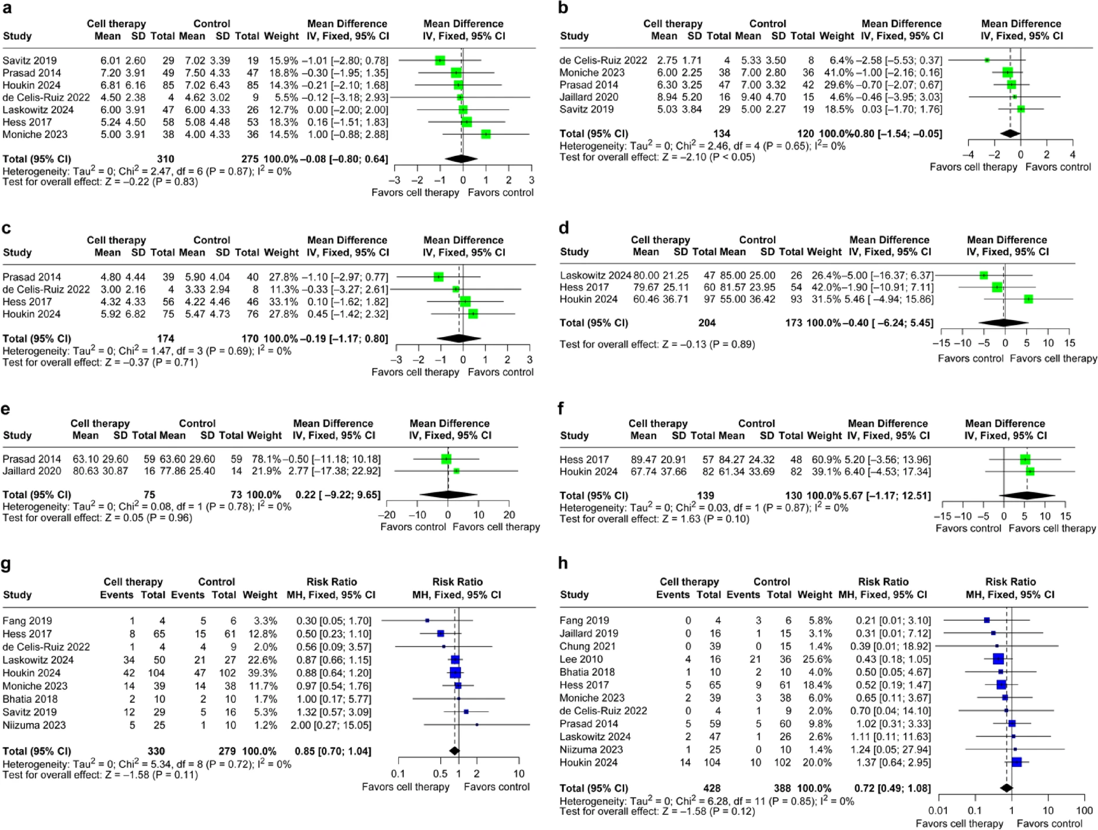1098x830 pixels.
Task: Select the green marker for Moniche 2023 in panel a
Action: (x=486, y=134)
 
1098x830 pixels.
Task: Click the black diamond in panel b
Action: (x=1010, y=134)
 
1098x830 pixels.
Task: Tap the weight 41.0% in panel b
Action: (x=836, y=72)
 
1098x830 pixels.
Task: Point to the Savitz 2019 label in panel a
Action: (x=30, y=60)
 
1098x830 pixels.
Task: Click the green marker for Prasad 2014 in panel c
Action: (x=438, y=277)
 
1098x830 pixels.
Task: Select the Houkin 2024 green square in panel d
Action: (x=1029, y=299)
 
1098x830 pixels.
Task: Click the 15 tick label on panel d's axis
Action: (x=1069, y=343)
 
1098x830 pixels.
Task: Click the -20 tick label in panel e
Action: (x=386, y=515)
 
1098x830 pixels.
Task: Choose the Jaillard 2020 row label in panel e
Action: (x=32, y=471)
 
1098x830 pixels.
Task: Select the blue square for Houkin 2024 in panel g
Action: (x=455, y=673)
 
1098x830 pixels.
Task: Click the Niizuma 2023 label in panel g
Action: (x=34, y=725)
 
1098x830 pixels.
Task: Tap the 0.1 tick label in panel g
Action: (x=398, y=774)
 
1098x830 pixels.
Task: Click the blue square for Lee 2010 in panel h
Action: (x=998, y=659)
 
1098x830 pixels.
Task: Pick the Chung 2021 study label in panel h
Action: (x=587, y=646)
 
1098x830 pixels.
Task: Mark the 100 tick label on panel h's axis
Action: (x=1085, y=810)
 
